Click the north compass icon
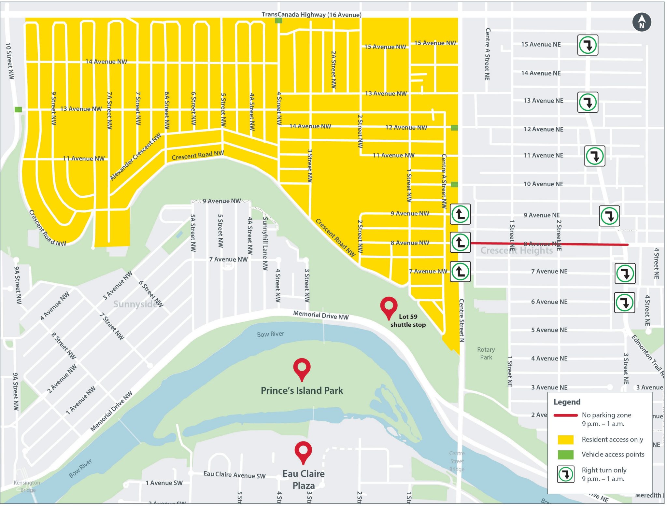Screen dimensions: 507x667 [641, 22]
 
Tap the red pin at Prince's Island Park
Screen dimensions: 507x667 [302, 368]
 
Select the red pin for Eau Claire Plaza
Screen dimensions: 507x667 [303, 451]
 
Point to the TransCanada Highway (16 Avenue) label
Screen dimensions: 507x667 [311, 15]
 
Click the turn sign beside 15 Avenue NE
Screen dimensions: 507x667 [588, 45]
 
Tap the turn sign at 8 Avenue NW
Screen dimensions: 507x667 [460, 242]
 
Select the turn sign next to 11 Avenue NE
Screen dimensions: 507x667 [594, 156]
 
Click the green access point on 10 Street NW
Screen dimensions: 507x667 [18, 109]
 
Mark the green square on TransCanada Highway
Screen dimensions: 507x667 [278, 21]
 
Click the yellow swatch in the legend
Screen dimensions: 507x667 [565, 439]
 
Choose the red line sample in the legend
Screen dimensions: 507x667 [565, 415]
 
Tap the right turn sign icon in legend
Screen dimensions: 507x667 [566, 474]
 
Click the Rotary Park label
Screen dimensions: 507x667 [486, 353]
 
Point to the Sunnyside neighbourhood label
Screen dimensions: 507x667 [135, 304]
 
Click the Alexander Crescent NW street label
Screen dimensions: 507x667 [135, 157]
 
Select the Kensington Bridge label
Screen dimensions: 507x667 [27, 486]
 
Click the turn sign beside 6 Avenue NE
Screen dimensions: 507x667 [624, 303]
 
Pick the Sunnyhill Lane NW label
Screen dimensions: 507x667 [265, 243]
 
